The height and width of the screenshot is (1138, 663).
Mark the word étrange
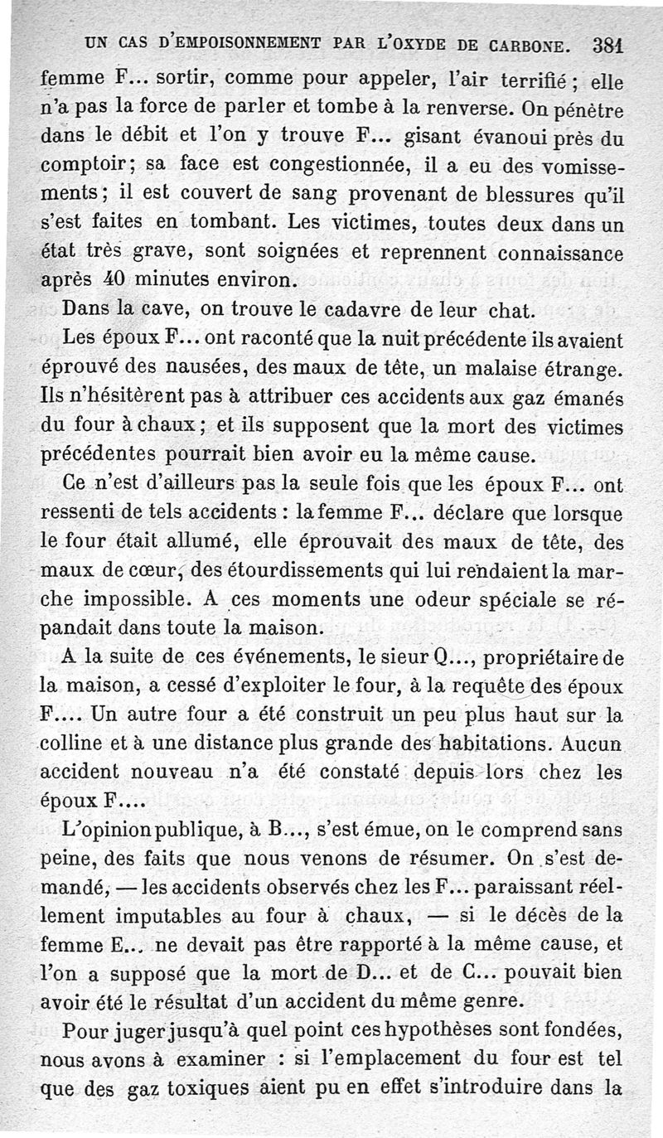tap(579, 367)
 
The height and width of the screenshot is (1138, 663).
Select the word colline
tap(74, 743)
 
